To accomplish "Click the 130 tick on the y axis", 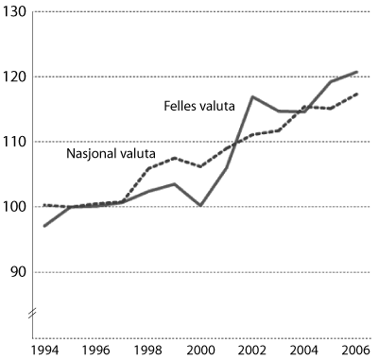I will tap(15, 11).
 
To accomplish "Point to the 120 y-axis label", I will tap(15, 77).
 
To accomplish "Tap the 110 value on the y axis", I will tap(15, 142).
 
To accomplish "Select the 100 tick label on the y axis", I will tap(15, 207).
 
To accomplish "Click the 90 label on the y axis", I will tap(17, 272).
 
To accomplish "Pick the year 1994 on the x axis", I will tap(43, 351).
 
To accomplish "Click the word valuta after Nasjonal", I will tap(136, 153).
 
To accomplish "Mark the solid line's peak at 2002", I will tap(252, 96).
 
